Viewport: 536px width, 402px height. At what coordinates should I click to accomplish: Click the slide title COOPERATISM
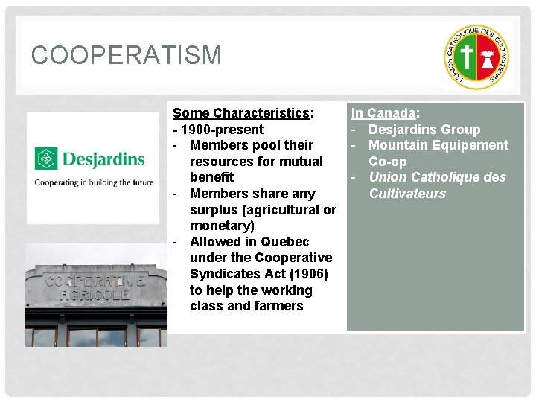pos(127,56)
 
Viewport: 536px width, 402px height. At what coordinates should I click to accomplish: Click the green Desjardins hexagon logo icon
pos(46,159)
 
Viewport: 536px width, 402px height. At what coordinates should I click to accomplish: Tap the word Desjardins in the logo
pos(103,159)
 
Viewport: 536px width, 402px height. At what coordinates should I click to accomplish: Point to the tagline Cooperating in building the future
pos(94,182)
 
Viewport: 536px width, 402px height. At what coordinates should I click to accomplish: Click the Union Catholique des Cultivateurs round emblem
pos(477,57)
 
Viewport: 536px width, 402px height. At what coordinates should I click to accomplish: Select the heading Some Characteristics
pos(241,113)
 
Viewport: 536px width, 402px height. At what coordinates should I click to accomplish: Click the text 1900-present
pos(221,130)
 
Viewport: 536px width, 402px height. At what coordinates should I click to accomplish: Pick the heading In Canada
pos(384,113)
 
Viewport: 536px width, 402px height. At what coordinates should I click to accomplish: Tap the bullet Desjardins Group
pos(424,130)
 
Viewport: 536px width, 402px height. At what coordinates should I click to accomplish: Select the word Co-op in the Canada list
pos(387,162)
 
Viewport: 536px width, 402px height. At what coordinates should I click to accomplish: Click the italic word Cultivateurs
pos(407,194)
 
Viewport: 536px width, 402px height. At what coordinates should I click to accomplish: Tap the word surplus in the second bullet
pos(216,210)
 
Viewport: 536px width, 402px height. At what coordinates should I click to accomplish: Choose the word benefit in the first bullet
pos(211,177)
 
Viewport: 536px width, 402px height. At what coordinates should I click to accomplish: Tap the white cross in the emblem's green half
pos(467,57)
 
